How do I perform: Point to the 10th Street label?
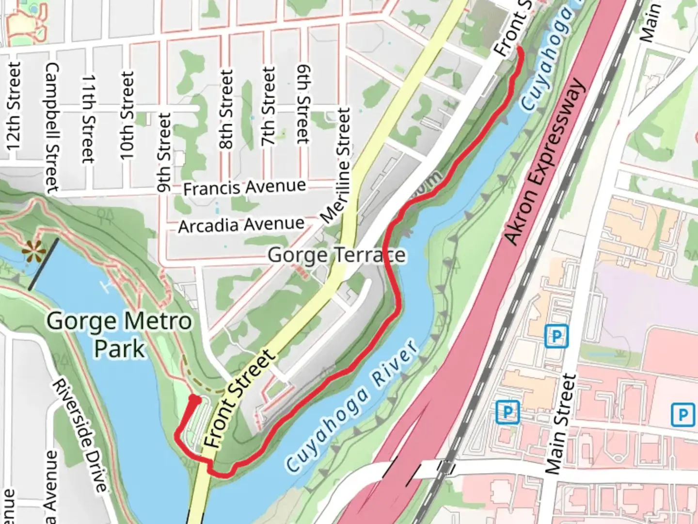tap(127, 115)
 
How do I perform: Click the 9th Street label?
tap(164, 152)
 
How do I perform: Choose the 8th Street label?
tap(226, 109)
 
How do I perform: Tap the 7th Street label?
tap(267, 106)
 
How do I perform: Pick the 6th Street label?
tap(303, 104)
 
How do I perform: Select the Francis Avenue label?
tap(244, 187)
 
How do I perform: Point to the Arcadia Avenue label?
tap(241, 225)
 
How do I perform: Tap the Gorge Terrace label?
tap(336, 255)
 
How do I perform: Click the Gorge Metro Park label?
tap(119, 335)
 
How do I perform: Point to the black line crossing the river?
tap(44, 264)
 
